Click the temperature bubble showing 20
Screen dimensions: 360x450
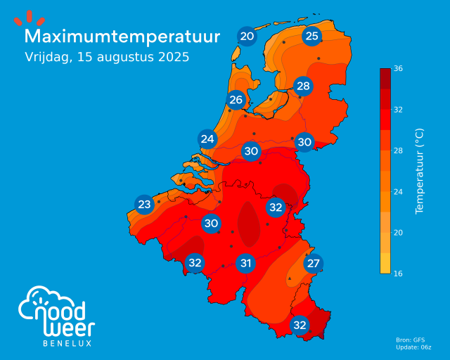[x=247, y=37]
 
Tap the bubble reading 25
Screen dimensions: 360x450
[x=312, y=36]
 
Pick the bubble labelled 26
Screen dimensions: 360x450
[x=236, y=99]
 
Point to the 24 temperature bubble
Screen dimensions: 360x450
[x=207, y=139]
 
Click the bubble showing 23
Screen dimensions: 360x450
[x=144, y=205]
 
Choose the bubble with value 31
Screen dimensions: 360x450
[x=245, y=264]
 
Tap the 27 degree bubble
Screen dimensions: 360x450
[x=313, y=264]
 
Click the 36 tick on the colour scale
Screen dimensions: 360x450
[x=398, y=68]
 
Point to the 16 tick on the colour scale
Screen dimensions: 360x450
[x=398, y=273]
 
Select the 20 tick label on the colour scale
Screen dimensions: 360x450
[x=398, y=232]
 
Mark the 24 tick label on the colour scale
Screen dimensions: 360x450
[x=398, y=191]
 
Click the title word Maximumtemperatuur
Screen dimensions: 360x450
[x=122, y=36]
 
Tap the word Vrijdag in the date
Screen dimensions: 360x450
[x=47, y=57]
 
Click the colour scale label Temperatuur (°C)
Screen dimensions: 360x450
[x=420, y=171]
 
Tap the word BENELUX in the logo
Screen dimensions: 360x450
[x=67, y=343]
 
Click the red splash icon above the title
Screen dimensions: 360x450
[x=30, y=18]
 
